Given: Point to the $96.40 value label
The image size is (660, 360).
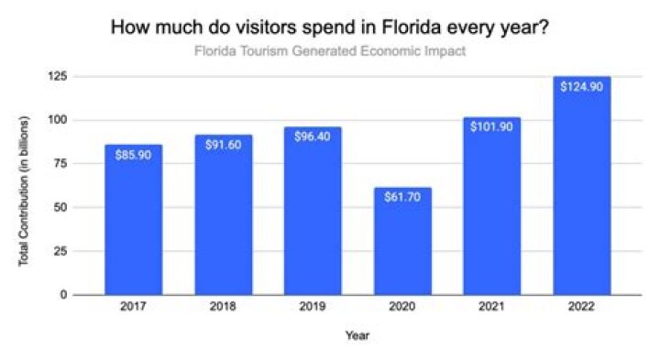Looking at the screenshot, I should (313, 136).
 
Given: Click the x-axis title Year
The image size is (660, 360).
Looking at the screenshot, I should (357, 336).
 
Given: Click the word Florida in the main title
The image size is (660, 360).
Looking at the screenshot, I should (401, 27).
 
